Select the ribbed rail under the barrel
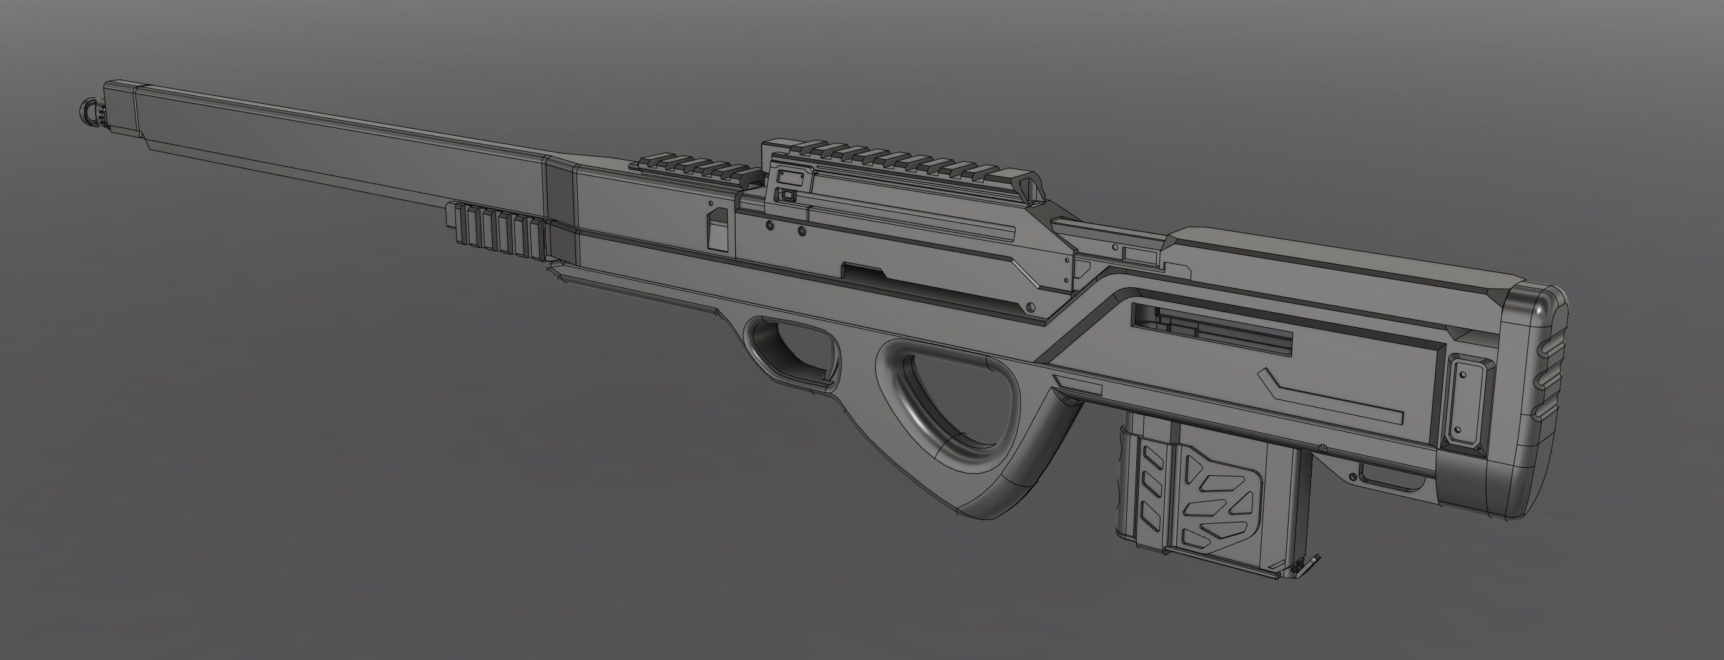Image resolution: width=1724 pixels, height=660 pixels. click(x=495, y=235)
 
